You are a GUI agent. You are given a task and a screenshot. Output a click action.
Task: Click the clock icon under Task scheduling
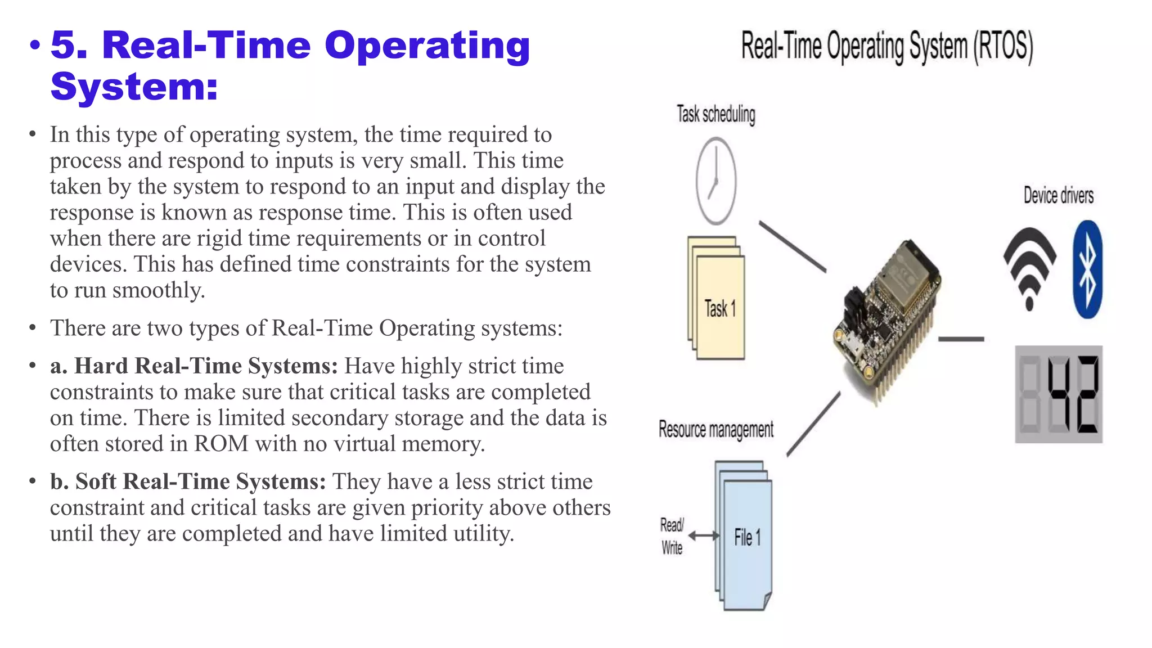click(716, 181)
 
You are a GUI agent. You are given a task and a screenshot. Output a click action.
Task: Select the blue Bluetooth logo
click(1087, 269)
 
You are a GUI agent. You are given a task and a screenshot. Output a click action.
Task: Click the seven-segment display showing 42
click(1058, 394)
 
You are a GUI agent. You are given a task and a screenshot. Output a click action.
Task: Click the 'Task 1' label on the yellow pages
click(720, 309)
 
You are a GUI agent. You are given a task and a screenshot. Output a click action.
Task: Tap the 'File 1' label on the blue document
click(747, 538)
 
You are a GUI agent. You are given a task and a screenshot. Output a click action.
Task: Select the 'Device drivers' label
click(1058, 195)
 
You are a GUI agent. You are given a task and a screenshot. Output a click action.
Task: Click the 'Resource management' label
click(715, 430)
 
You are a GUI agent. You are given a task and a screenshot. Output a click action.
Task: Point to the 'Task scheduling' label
click(715, 114)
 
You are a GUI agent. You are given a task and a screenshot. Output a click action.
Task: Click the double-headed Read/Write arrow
click(704, 536)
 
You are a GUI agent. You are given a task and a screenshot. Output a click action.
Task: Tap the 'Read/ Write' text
click(672, 536)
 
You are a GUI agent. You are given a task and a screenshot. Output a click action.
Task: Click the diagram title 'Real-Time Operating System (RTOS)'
click(886, 47)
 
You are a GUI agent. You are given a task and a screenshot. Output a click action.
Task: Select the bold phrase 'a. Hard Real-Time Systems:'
click(194, 366)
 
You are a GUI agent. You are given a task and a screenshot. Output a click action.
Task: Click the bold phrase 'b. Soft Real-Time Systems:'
click(188, 482)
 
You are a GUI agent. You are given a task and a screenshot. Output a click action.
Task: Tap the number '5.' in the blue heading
click(69, 45)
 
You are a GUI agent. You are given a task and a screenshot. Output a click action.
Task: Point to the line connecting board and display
click(961, 339)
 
